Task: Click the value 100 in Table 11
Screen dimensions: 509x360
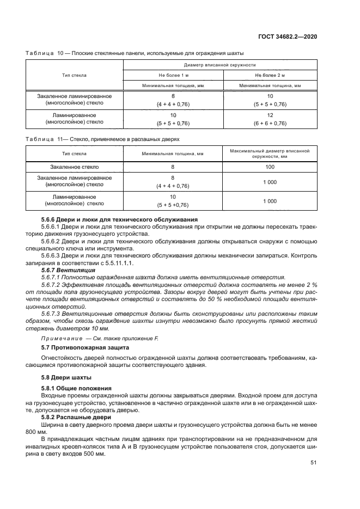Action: tap(270, 167)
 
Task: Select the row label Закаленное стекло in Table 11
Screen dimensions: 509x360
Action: tap(75, 167)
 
